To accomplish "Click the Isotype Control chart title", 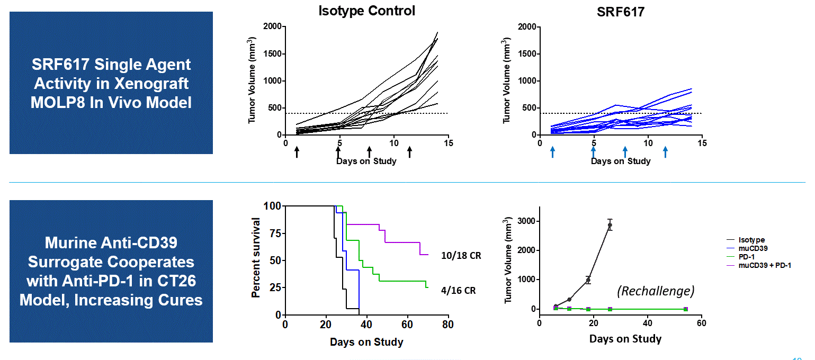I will click(366, 11).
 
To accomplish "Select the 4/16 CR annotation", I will click(458, 291).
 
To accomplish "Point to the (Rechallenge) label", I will click(656, 291).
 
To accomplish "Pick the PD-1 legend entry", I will click(750, 257).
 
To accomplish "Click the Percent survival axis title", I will click(256, 257).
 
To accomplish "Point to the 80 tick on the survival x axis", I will click(448, 324).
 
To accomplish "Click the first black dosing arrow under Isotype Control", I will click(297, 152).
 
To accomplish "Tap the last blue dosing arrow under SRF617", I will click(665, 152).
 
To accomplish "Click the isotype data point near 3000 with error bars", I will click(610, 225).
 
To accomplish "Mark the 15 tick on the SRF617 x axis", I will click(702, 143).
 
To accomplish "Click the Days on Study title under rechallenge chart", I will click(625, 339).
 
